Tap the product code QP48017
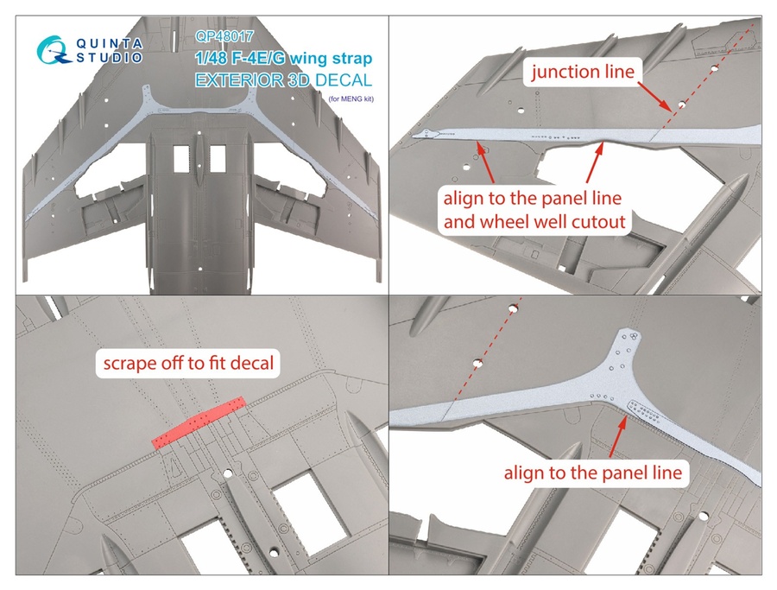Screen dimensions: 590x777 (x=222, y=37)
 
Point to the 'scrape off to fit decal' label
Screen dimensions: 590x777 (x=188, y=363)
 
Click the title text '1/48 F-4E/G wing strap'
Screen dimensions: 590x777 (x=284, y=60)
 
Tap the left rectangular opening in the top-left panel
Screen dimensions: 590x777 (x=181, y=158)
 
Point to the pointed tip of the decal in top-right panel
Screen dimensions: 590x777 (x=417, y=134)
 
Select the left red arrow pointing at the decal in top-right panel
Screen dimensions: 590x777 (x=483, y=161)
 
